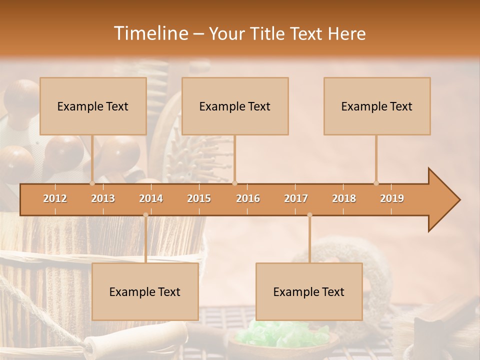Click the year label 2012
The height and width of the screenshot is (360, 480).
55,198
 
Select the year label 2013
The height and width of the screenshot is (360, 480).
103,198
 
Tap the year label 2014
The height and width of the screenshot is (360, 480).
151,198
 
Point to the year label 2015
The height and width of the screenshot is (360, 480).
199,198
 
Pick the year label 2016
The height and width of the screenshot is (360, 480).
248,198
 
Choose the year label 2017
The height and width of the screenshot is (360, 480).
296,198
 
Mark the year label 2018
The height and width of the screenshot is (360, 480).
344,198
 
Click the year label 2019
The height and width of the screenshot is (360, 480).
392,198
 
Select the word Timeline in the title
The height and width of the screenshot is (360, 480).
150,33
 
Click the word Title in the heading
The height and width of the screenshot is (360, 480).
268,34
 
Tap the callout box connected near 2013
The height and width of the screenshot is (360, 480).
93,106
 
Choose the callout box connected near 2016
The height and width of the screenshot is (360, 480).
235,106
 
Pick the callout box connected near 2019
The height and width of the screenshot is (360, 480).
377,106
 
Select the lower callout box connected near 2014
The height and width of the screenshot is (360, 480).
145,292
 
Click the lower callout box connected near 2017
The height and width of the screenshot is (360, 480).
309,292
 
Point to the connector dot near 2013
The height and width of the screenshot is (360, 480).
92,183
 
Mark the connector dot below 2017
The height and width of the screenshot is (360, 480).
309,215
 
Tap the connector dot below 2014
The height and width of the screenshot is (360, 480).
145,215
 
